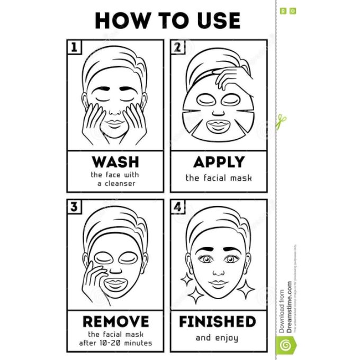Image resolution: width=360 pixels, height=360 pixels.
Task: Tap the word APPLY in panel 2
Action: [219, 161]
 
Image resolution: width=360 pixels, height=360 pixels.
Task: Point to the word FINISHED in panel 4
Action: [217, 321]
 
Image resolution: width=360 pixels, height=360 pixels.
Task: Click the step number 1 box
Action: [75, 47]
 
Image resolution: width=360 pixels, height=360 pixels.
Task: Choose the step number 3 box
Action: [75, 207]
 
